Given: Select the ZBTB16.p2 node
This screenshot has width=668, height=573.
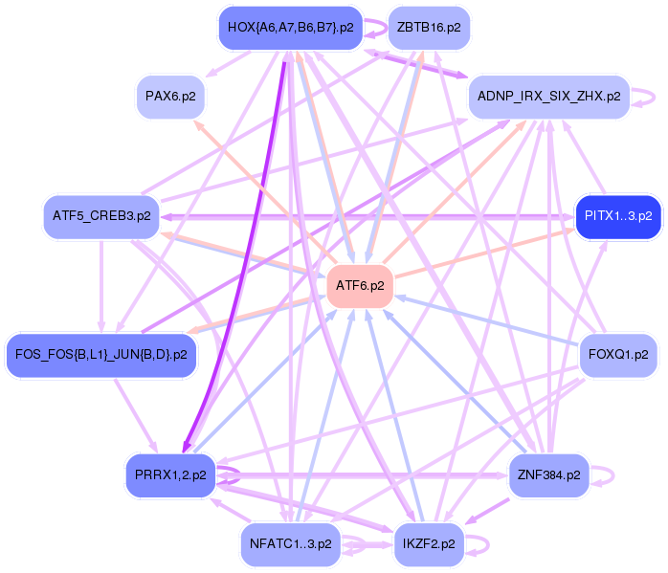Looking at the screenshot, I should click(428, 27).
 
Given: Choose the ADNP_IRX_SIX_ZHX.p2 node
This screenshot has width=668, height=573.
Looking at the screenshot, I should click(548, 97).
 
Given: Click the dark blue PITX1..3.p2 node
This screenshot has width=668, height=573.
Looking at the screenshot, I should click(617, 216).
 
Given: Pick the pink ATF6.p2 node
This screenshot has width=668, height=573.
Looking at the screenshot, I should click(360, 285).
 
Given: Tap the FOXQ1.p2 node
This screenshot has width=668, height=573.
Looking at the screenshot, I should click(618, 355).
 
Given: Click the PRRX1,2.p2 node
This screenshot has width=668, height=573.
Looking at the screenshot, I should click(171, 475).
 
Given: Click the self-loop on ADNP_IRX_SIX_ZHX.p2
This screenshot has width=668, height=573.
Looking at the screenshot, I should click(649, 97).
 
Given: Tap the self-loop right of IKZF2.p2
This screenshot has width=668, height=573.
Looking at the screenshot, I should click(486, 543).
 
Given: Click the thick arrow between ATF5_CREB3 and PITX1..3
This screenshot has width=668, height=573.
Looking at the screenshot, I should click(364, 217).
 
